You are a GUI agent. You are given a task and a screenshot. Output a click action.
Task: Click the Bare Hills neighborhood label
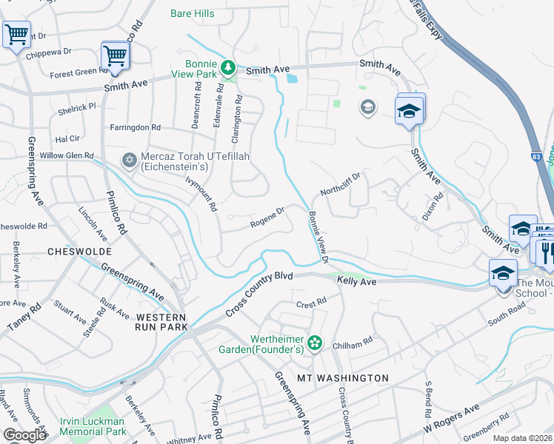pyautogui.click(x=192, y=13)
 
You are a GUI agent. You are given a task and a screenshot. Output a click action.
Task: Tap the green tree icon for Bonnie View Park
pyautogui.click(x=230, y=67)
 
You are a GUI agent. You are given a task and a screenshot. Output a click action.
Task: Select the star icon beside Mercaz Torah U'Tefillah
pyautogui.click(x=129, y=161)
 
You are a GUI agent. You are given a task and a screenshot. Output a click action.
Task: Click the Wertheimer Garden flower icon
pyautogui.click(x=315, y=343)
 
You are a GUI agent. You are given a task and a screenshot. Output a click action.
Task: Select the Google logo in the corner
pyautogui.click(x=25, y=435)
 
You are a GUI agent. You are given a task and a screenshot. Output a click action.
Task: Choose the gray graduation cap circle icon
pyautogui.click(x=367, y=109)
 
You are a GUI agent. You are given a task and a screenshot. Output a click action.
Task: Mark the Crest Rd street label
pyautogui.click(x=311, y=303)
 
